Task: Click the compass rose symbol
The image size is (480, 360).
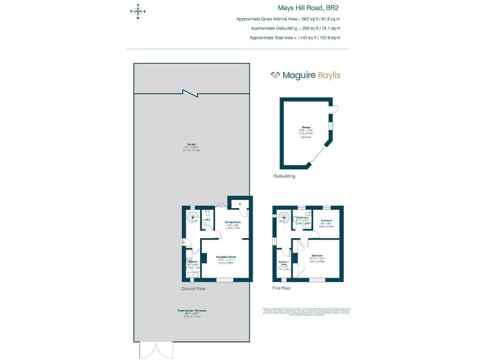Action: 137,11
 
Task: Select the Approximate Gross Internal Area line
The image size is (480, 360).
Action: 288,19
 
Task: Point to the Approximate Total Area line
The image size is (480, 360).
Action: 295,37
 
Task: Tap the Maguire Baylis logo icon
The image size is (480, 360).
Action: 275,75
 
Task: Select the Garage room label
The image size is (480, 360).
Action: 306,127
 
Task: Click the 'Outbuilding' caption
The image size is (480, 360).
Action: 284,176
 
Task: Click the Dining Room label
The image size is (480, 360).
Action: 232,222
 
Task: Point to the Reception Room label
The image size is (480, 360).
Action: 226,257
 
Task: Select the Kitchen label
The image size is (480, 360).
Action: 192,261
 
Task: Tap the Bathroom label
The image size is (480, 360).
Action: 302,217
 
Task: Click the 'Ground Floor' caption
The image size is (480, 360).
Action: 193,289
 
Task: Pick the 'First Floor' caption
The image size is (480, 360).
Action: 282,289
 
